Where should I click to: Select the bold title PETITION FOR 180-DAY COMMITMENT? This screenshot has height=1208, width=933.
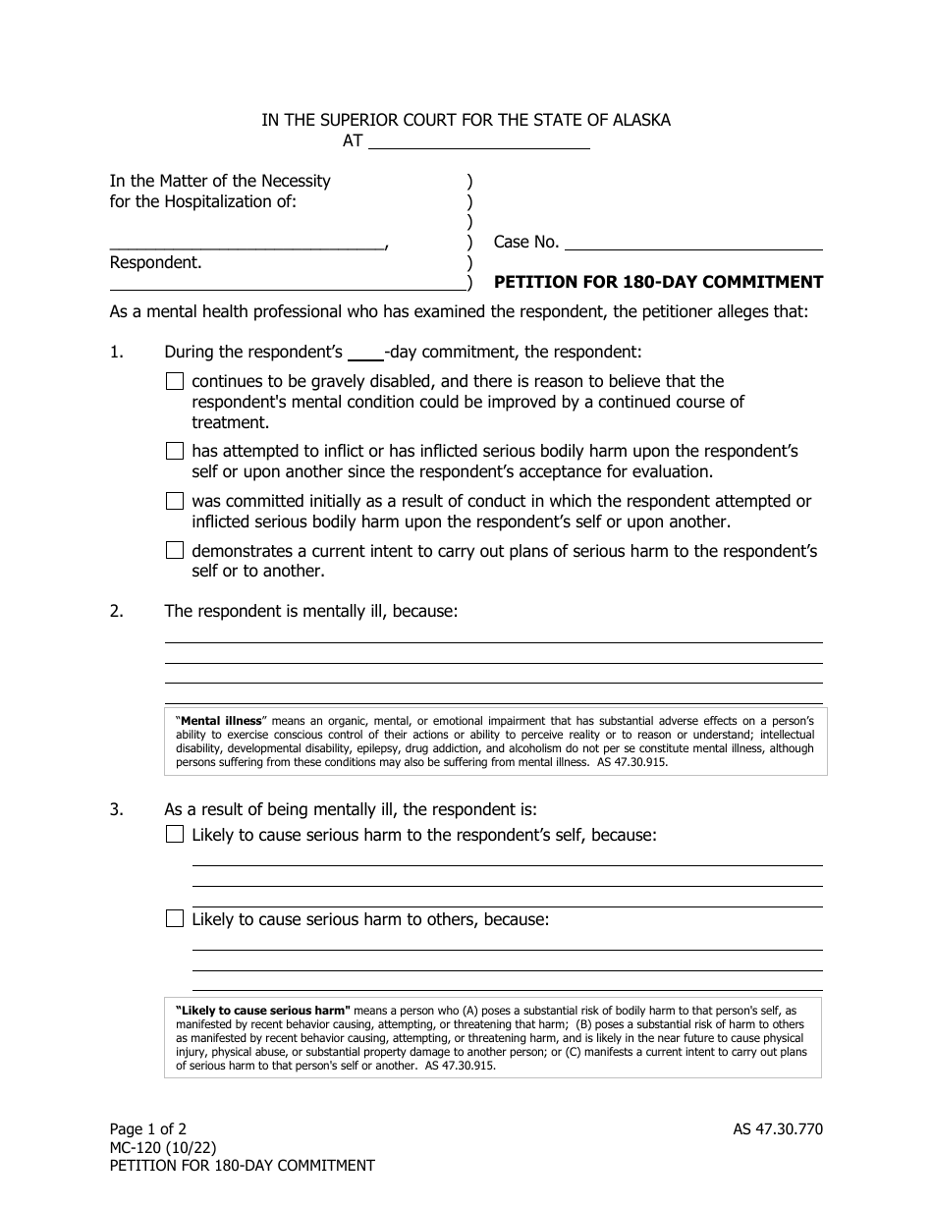658,282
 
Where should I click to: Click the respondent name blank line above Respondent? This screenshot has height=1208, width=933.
247,243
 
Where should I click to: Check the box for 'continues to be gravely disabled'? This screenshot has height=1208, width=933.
175,381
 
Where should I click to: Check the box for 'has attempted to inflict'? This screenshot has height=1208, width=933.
175,451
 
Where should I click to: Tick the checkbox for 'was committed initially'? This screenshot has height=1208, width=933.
175,501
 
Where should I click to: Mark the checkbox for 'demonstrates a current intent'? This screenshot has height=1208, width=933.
175,551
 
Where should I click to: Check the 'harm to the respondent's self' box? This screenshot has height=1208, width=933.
175,835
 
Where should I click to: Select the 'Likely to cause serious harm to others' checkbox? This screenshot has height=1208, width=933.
175,919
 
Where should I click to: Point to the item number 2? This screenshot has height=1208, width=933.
116,611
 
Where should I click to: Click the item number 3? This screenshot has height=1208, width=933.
116,809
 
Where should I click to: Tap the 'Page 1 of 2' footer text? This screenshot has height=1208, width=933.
147,1129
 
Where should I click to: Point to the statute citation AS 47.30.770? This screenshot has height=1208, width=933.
771,1129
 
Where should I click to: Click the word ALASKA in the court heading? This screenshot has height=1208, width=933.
639,120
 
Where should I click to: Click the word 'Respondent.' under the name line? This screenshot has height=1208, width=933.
155,262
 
